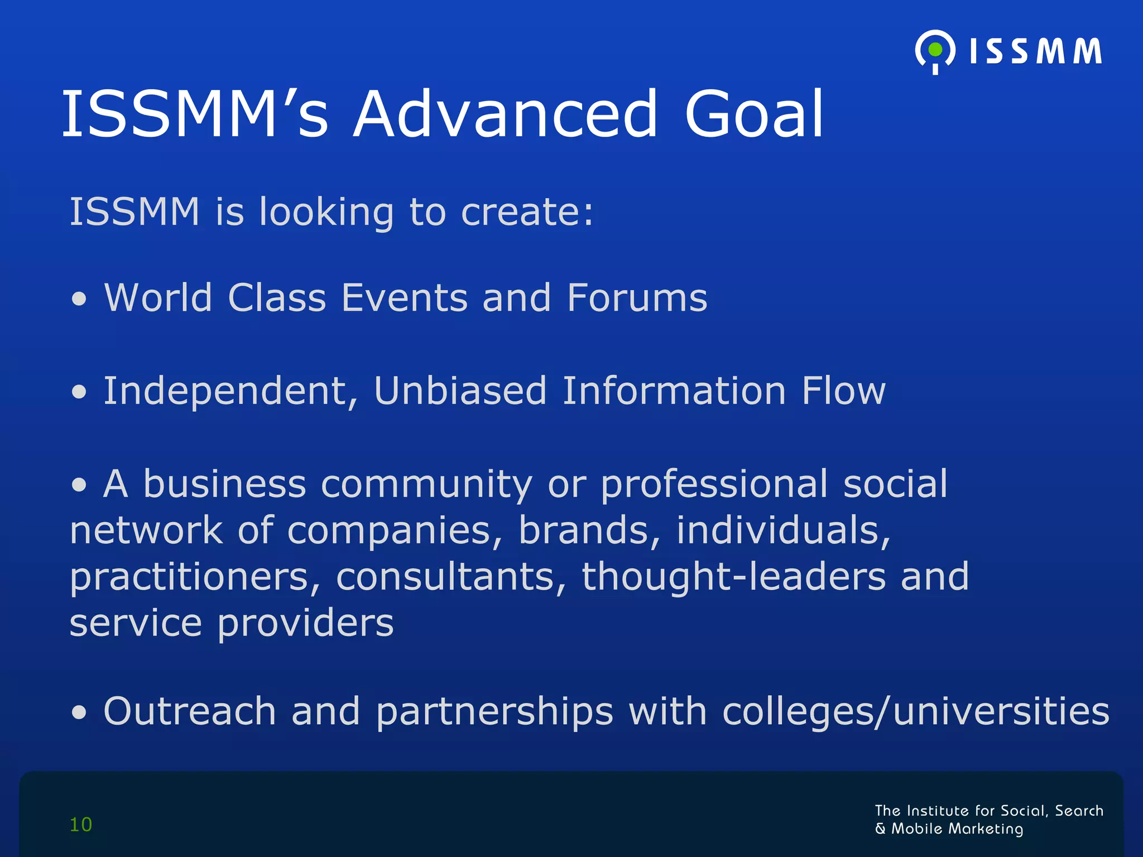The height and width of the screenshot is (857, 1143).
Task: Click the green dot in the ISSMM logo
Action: pyautogui.click(x=935, y=50)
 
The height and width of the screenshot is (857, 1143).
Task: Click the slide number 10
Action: pyautogui.click(x=81, y=825)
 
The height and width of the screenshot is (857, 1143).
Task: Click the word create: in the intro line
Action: pyautogui.click(x=527, y=213)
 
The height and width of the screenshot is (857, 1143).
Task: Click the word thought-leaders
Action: pyautogui.click(x=733, y=576)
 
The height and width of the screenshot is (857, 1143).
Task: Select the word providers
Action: pyautogui.click(x=305, y=624)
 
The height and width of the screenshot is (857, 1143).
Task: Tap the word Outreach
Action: pyautogui.click(x=190, y=711)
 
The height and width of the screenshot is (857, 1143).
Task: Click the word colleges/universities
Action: pyautogui.click(x=915, y=712)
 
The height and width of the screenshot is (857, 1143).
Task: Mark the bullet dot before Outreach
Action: pyautogui.click(x=79, y=712)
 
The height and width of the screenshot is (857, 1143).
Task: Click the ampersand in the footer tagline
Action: pyautogui.click(x=881, y=829)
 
